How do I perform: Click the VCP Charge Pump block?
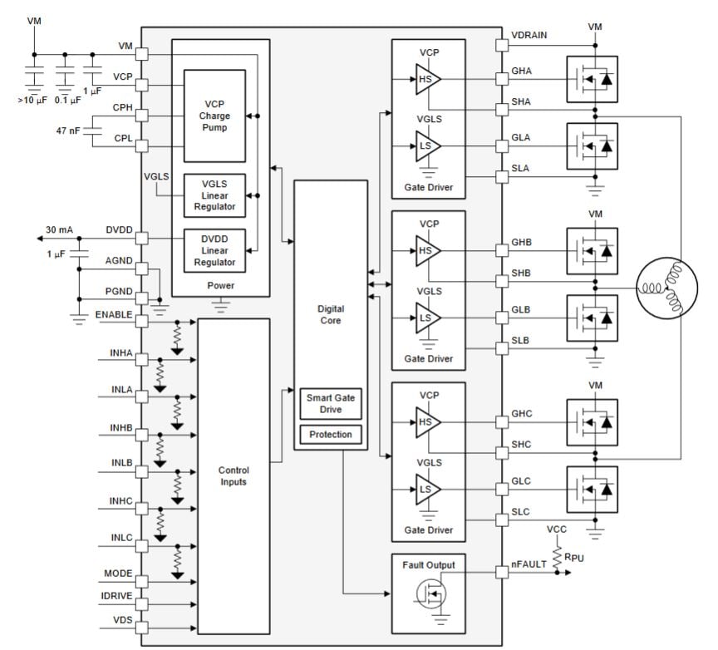214,116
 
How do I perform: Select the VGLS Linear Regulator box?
214,195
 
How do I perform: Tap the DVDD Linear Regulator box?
214,249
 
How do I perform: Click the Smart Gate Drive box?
331,404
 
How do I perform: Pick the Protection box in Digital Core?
331,435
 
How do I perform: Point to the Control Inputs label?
234,475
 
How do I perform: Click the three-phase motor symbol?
669,289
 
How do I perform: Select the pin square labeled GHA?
501,80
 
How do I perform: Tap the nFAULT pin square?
501,572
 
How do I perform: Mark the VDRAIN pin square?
501,45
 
